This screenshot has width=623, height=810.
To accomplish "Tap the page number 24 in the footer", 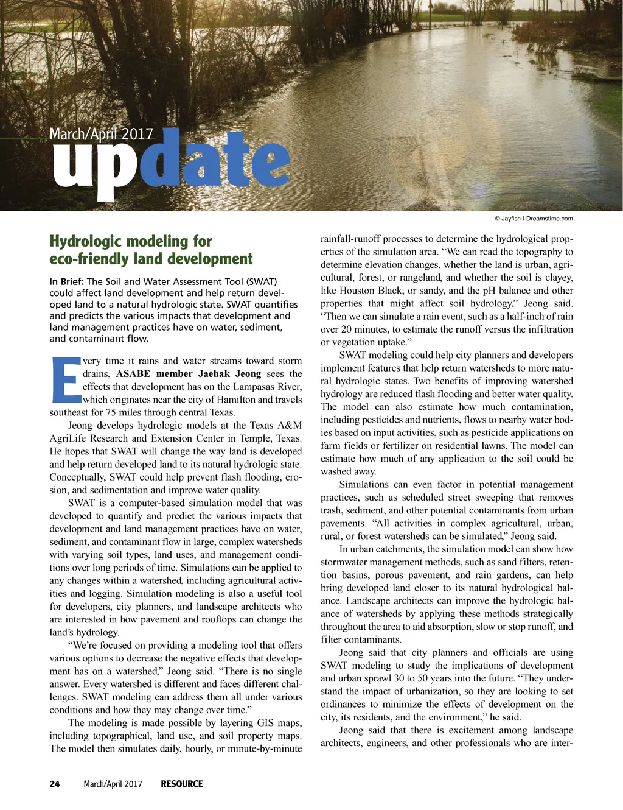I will pyautogui.click(x=55, y=784).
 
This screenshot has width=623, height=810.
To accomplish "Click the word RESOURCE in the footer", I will pyautogui.click(x=182, y=784).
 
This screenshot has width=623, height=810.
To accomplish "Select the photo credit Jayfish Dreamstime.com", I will pyautogui.click(x=534, y=219).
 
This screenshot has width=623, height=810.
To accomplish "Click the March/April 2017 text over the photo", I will pyautogui.click(x=101, y=134).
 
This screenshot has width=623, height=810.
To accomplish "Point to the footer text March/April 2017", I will pyautogui.click(x=113, y=784).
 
